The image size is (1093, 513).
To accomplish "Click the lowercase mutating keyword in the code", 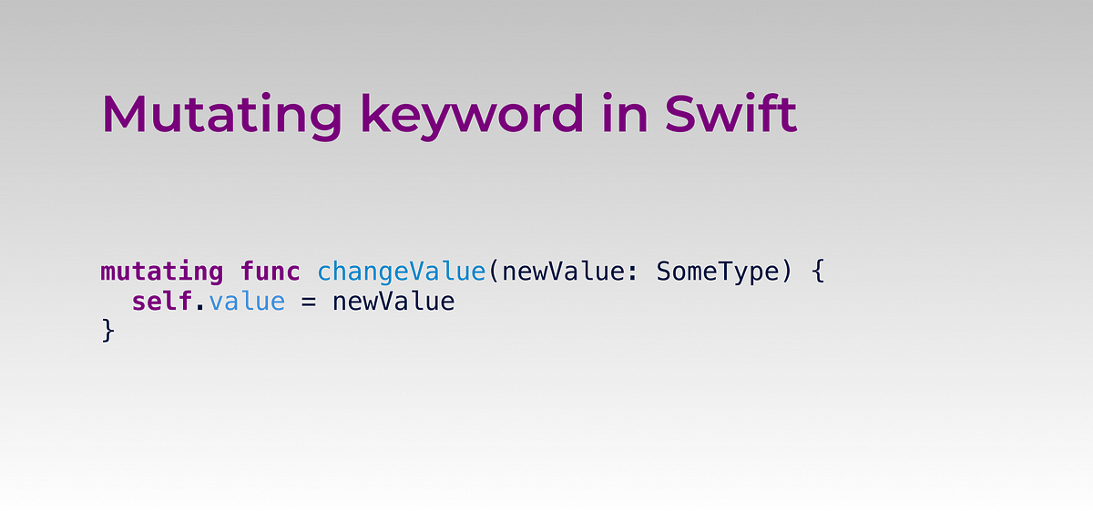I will (x=161, y=272).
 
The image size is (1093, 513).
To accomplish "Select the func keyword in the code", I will (x=270, y=272).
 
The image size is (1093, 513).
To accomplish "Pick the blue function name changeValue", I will (x=401, y=272).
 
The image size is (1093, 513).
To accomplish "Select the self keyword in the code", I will (x=161, y=302).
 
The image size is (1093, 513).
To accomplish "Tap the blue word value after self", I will (x=246, y=302).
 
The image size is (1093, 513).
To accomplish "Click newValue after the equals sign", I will (x=393, y=302).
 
